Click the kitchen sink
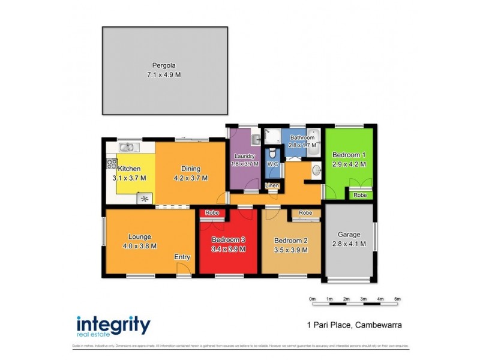point(127,146)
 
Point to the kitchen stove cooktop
point(112,163)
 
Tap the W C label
point(272,163)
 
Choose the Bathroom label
point(302,137)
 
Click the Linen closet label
point(272,185)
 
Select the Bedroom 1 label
point(349,155)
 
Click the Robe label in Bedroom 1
point(360,195)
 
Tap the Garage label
point(349,235)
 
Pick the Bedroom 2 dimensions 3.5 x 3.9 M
point(290,250)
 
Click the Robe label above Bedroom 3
point(212,213)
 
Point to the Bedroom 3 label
point(229,241)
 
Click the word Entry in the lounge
point(182,257)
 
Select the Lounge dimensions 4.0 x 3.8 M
point(139,245)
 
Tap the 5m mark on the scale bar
point(397,298)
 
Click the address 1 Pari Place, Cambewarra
point(350,325)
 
